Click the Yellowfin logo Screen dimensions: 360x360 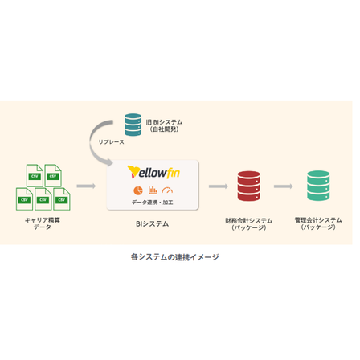[153, 172]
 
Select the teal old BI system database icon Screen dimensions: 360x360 [133, 125]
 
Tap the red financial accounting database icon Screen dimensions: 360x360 [248, 186]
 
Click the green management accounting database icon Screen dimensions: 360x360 [318, 186]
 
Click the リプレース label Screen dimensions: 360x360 [111, 142]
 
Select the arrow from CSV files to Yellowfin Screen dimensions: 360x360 [86, 186]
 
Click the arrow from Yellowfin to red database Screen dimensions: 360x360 [219, 186]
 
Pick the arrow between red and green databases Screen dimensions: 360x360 [284, 186]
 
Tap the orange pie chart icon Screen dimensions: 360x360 [138, 190]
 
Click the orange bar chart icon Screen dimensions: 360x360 [153, 190]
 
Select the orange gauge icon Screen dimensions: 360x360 [167, 190]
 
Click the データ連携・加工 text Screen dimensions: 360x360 [153, 202]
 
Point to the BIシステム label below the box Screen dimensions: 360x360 [152, 224]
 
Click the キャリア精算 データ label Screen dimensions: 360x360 [43, 223]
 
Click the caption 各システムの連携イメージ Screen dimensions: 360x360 [175, 257]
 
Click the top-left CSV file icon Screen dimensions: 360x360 [35, 175]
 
